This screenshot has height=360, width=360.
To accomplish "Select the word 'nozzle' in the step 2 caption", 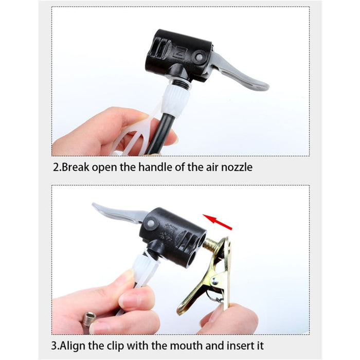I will (236, 167).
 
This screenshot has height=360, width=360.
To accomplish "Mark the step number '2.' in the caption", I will (57, 167).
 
